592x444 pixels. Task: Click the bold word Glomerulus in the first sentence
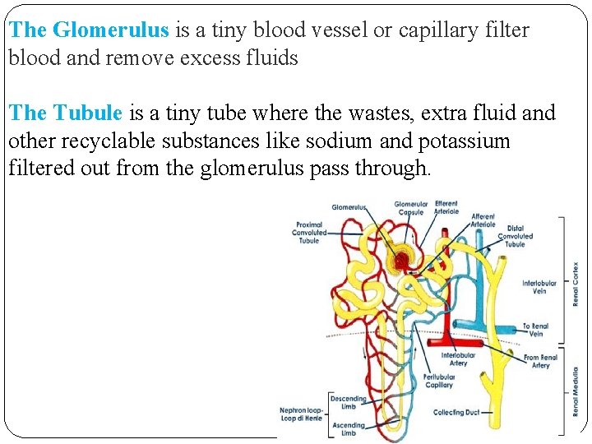click(110, 30)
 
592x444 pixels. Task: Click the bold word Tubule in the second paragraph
click(88, 113)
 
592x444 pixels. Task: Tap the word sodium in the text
click(340, 141)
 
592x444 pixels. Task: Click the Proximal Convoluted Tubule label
click(309, 232)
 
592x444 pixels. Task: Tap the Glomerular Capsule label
click(410, 208)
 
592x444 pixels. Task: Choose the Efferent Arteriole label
click(446, 207)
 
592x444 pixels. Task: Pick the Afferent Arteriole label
click(483, 220)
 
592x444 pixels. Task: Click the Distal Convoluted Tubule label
click(516, 236)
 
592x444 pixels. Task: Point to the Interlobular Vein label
click(539, 287)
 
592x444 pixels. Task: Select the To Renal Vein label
click(536, 330)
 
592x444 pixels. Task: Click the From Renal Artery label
click(540, 361)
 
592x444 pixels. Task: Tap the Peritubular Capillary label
click(438, 381)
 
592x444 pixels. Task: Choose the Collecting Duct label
click(456, 413)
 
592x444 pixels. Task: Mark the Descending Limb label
click(348, 401)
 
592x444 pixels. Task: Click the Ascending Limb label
click(348, 428)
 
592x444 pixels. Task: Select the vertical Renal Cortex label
click(576, 284)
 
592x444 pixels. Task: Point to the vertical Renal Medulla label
click(576, 390)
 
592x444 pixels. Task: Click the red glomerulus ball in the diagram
click(401, 261)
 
